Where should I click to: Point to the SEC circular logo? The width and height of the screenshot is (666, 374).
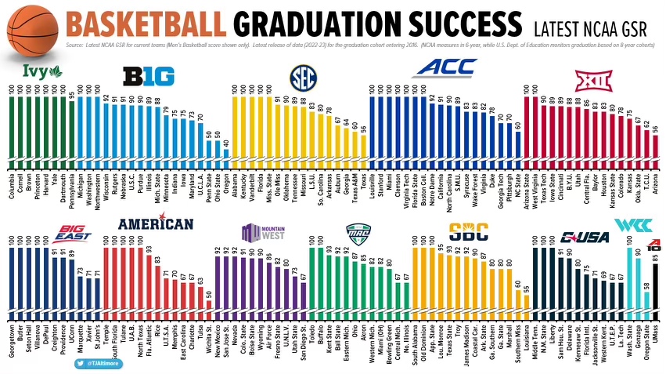[301, 76]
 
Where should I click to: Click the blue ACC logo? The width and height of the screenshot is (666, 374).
[445, 68]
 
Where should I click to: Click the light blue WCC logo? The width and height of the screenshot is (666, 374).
[629, 226]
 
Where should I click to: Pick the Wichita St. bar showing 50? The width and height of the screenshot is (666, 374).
[208, 307]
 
